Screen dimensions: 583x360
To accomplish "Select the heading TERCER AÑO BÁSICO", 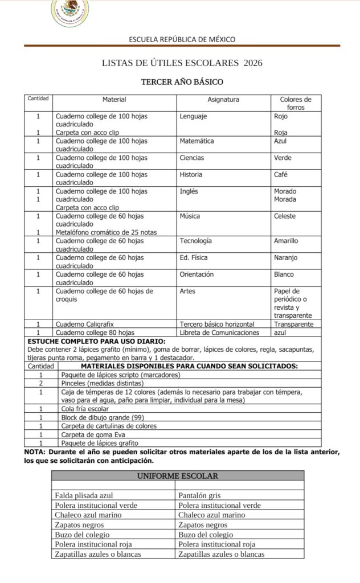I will coord(182,82).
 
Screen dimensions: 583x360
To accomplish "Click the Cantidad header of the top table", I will coord(39,98).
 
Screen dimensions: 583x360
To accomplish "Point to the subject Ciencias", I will coord(191,158).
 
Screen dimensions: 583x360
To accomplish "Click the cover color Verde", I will coord(283,158).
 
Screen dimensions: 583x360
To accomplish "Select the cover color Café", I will coord(281,175).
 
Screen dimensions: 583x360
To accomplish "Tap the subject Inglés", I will coord(189,191).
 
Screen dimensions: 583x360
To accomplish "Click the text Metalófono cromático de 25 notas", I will coord(106,232).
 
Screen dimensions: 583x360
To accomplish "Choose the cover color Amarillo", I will coord(286,241).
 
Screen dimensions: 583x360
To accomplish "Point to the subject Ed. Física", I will coord(193,258).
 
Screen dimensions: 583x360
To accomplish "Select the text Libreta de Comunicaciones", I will coord(219,332).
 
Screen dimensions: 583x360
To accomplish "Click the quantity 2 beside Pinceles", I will coord(40,383).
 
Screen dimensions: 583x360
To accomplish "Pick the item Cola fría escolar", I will coord(84,409).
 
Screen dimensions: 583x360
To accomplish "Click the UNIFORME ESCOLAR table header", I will coord(176,475).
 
